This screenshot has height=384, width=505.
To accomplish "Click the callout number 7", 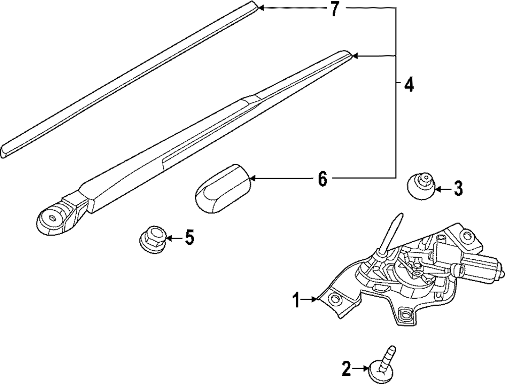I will pyautogui.click(x=334, y=10).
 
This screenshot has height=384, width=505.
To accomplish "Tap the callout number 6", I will pyautogui.click(x=322, y=178).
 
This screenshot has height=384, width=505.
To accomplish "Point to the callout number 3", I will pyautogui.click(x=457, y=189).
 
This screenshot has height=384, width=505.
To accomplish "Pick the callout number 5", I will pyautogui.click(x=189, y=237).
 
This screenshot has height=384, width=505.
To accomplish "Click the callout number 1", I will pyautogui.click(x=296, y=301).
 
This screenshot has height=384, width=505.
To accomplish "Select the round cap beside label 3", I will pyautogui.click(x=421, y=186).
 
